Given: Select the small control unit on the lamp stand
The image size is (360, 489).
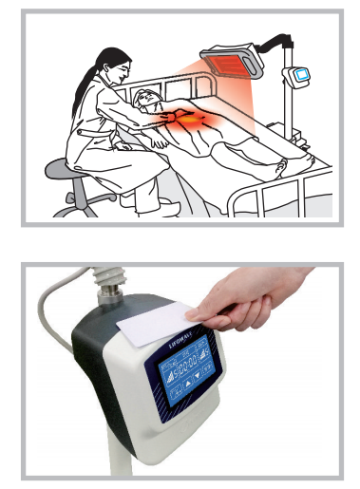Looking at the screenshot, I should click(301, 76).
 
